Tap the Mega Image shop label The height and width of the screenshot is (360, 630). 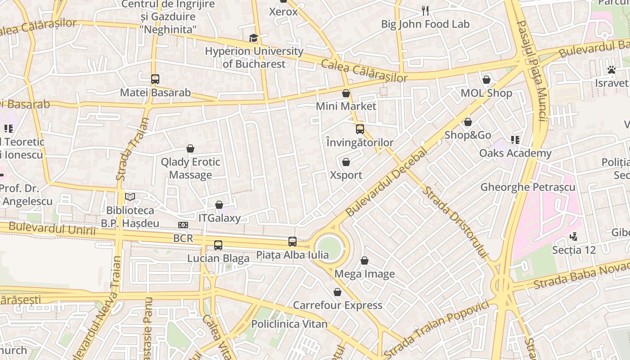364,274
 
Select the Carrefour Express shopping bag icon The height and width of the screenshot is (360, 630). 337,292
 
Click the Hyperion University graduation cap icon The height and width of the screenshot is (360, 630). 254,38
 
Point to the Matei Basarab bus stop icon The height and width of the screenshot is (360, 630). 155,79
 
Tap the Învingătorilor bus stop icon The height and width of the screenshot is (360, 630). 360,129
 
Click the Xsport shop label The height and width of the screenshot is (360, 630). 346,175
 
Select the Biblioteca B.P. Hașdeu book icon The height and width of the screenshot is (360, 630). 130,197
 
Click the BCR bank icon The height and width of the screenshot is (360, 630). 183,225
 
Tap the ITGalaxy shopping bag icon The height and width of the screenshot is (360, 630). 219,205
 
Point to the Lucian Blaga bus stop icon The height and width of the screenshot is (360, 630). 218,245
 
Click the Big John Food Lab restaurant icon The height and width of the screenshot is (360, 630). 425,10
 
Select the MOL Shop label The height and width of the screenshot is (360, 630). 486,93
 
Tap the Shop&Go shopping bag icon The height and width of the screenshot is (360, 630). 468,122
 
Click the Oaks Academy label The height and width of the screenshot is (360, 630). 515,153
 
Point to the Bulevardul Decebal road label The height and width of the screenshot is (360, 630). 386,182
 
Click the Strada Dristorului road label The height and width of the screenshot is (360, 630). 455,222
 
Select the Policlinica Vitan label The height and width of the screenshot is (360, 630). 289,324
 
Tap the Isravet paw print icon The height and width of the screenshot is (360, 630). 611,70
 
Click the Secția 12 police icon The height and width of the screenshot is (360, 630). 573,236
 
